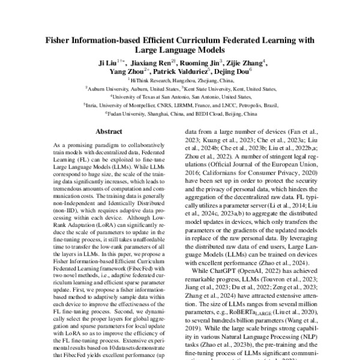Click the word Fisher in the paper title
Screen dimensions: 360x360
click(x=61, y=40)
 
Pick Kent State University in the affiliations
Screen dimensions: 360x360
click(x=207, y=87)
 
